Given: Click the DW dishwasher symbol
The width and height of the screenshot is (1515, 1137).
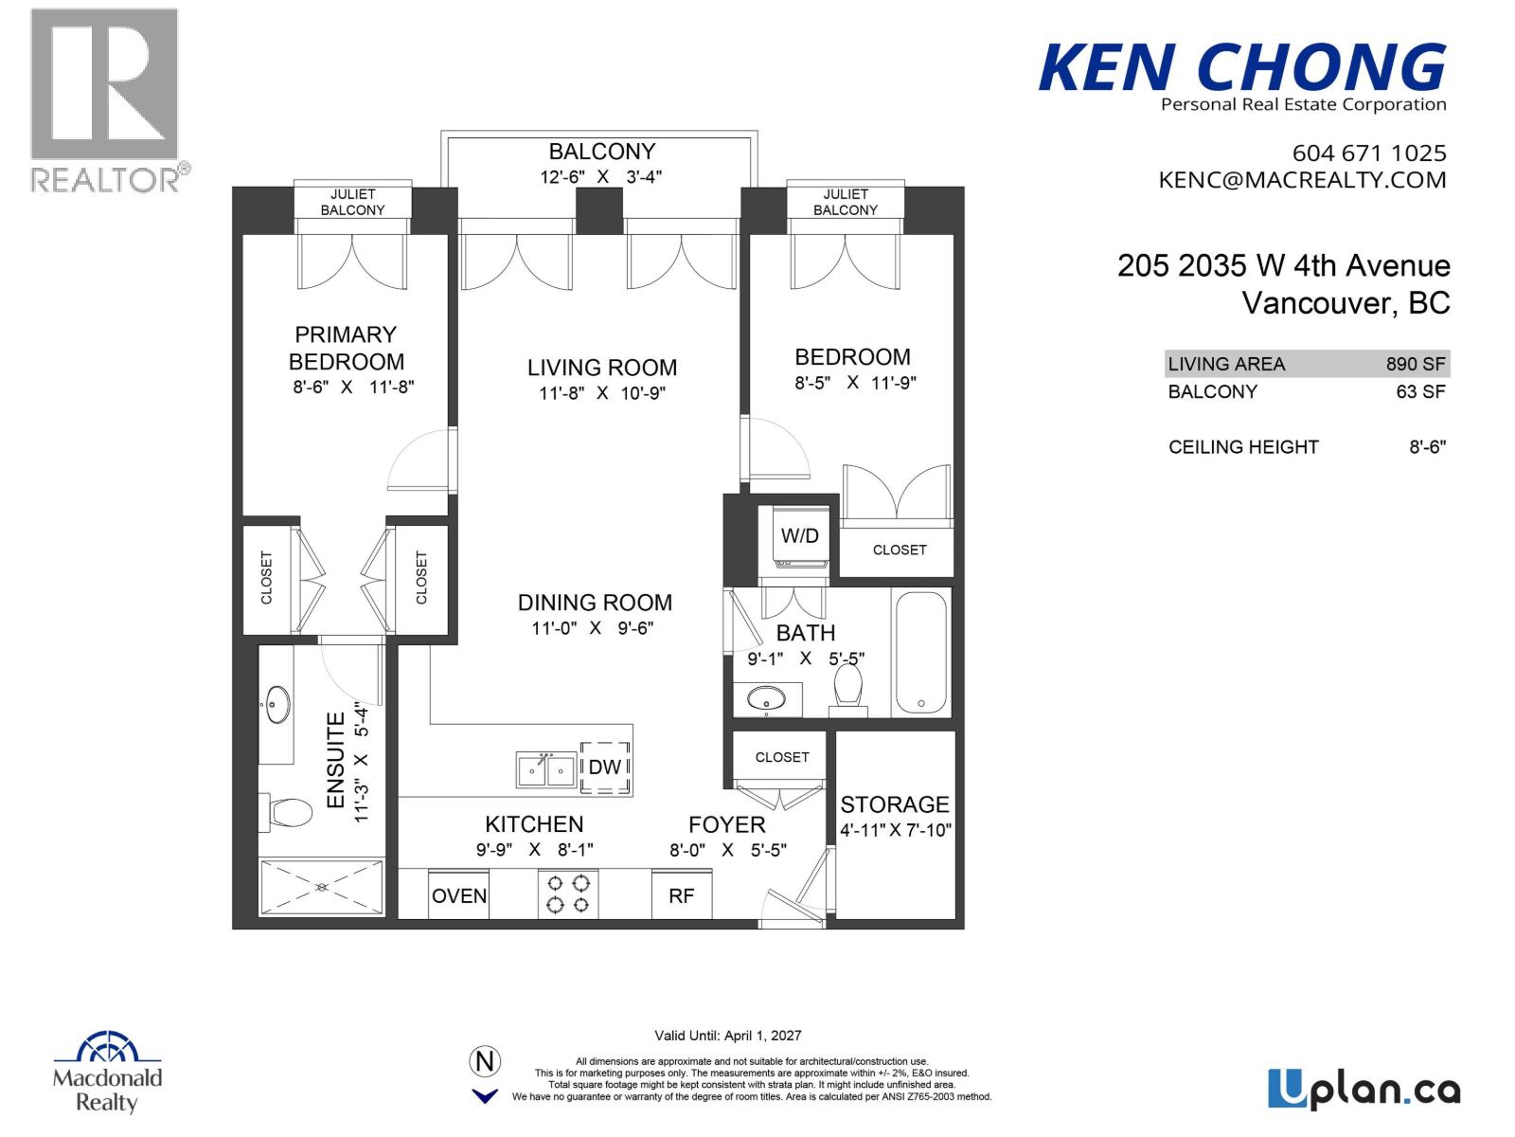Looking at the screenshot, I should (604, 767).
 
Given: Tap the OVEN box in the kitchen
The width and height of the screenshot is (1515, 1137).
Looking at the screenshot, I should (459, 895).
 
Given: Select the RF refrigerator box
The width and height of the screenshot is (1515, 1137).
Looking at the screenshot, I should (681, 895).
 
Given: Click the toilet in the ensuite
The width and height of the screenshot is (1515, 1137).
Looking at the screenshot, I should (290, 812).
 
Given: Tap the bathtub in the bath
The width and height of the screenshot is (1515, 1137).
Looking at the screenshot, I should (920, 652).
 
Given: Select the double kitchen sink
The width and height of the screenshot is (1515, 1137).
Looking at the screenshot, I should (546, 769).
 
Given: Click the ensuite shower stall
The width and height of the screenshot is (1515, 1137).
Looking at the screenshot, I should (322, 887).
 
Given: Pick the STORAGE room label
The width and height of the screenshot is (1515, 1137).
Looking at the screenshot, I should (895, 804).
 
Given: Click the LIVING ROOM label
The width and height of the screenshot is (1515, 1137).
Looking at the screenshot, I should (602, 368).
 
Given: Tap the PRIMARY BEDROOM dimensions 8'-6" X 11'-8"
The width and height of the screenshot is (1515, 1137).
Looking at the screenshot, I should (353, 387).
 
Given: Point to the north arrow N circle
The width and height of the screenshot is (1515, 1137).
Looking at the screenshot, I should (485, 1061).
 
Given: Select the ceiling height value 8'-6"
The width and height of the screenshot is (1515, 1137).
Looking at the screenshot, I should (1427, 447).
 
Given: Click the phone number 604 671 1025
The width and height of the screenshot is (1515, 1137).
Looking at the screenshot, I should (1368, 153).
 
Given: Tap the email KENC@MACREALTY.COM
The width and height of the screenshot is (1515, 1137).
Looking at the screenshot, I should (1302, 180).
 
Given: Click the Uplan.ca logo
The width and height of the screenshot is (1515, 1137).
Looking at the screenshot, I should (1363, 1089).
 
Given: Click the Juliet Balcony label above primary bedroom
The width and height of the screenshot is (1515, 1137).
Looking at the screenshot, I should (352, 202).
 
